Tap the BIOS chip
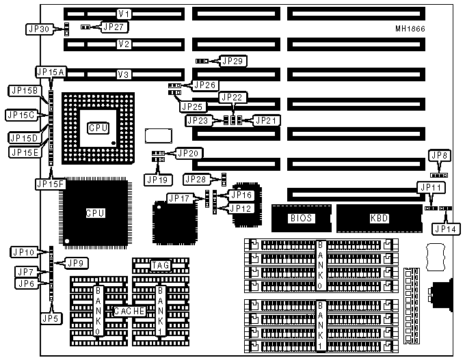[301, 218]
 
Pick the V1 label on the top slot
[124, 14]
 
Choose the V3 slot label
[124, 74]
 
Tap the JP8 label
[442, 156]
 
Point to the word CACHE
[129, 311]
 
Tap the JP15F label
[49, 183]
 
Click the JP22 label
[231, 97]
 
